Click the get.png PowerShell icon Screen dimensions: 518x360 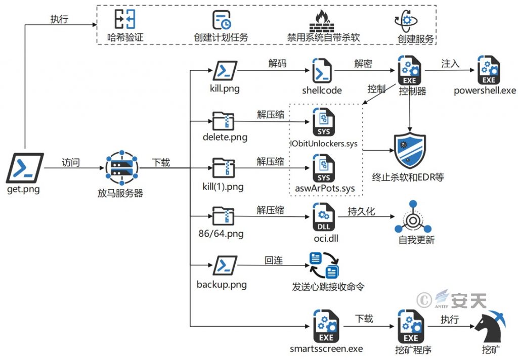pos(25,168)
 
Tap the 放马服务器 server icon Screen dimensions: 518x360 pos(121,168)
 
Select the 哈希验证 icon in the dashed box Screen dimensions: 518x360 pos(125,19)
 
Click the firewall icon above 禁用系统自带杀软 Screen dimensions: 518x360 pos(321,21)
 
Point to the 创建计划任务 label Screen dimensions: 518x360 pos(221,37)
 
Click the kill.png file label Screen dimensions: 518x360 pos(225,88)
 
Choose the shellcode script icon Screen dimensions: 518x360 pos(322,71)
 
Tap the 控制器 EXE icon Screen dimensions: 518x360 pos(409,70)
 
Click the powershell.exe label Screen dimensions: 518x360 pos(485,91)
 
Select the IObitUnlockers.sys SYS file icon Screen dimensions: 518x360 pos(323,122)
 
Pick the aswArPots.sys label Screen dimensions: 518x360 pos(325,188)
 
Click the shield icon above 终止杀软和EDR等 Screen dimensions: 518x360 pos(410,150)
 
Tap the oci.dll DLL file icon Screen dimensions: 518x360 pos(324,217)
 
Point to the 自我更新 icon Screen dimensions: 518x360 pos(413,217)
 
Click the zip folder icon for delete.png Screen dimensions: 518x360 pos(223,121)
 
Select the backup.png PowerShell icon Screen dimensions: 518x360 pos(225,265)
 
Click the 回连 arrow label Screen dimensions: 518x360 pos(274,260)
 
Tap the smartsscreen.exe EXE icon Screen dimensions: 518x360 pos(326,326)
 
